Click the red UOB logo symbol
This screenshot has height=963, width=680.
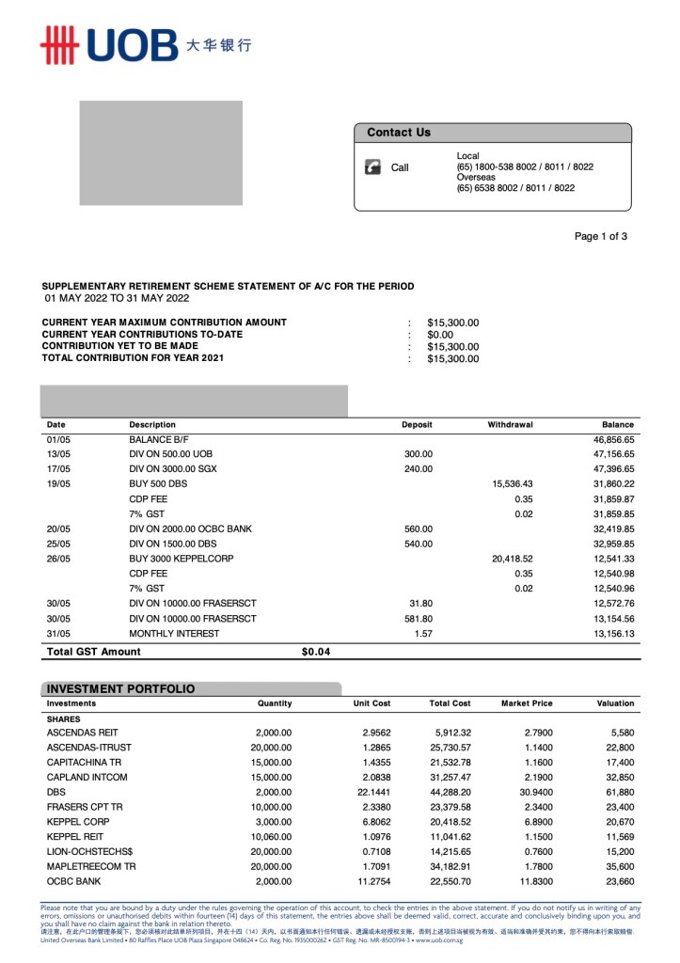coord(57,44)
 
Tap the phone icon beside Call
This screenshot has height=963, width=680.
coord(372,167)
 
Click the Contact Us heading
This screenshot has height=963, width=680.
coord(399,133)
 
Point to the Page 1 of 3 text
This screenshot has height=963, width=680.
coord(600,236)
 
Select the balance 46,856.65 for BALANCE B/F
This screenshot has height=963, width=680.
coord(613,439)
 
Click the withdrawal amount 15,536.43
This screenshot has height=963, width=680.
coord(512,483)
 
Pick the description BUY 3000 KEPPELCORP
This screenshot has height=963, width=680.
coord(181,559)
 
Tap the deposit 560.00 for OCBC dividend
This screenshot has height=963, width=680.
coord(418,529)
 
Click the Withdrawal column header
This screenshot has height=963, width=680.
coord(510,425)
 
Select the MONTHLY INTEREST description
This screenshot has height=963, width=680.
coord(174,634)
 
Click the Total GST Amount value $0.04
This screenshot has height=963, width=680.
coord(315,651)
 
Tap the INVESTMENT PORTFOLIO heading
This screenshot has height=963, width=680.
coord(121,689)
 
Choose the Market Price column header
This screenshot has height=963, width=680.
coord(527,703)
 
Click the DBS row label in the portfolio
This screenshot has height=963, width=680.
coord(56,792)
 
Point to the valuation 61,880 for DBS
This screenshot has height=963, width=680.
coord(619,792)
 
